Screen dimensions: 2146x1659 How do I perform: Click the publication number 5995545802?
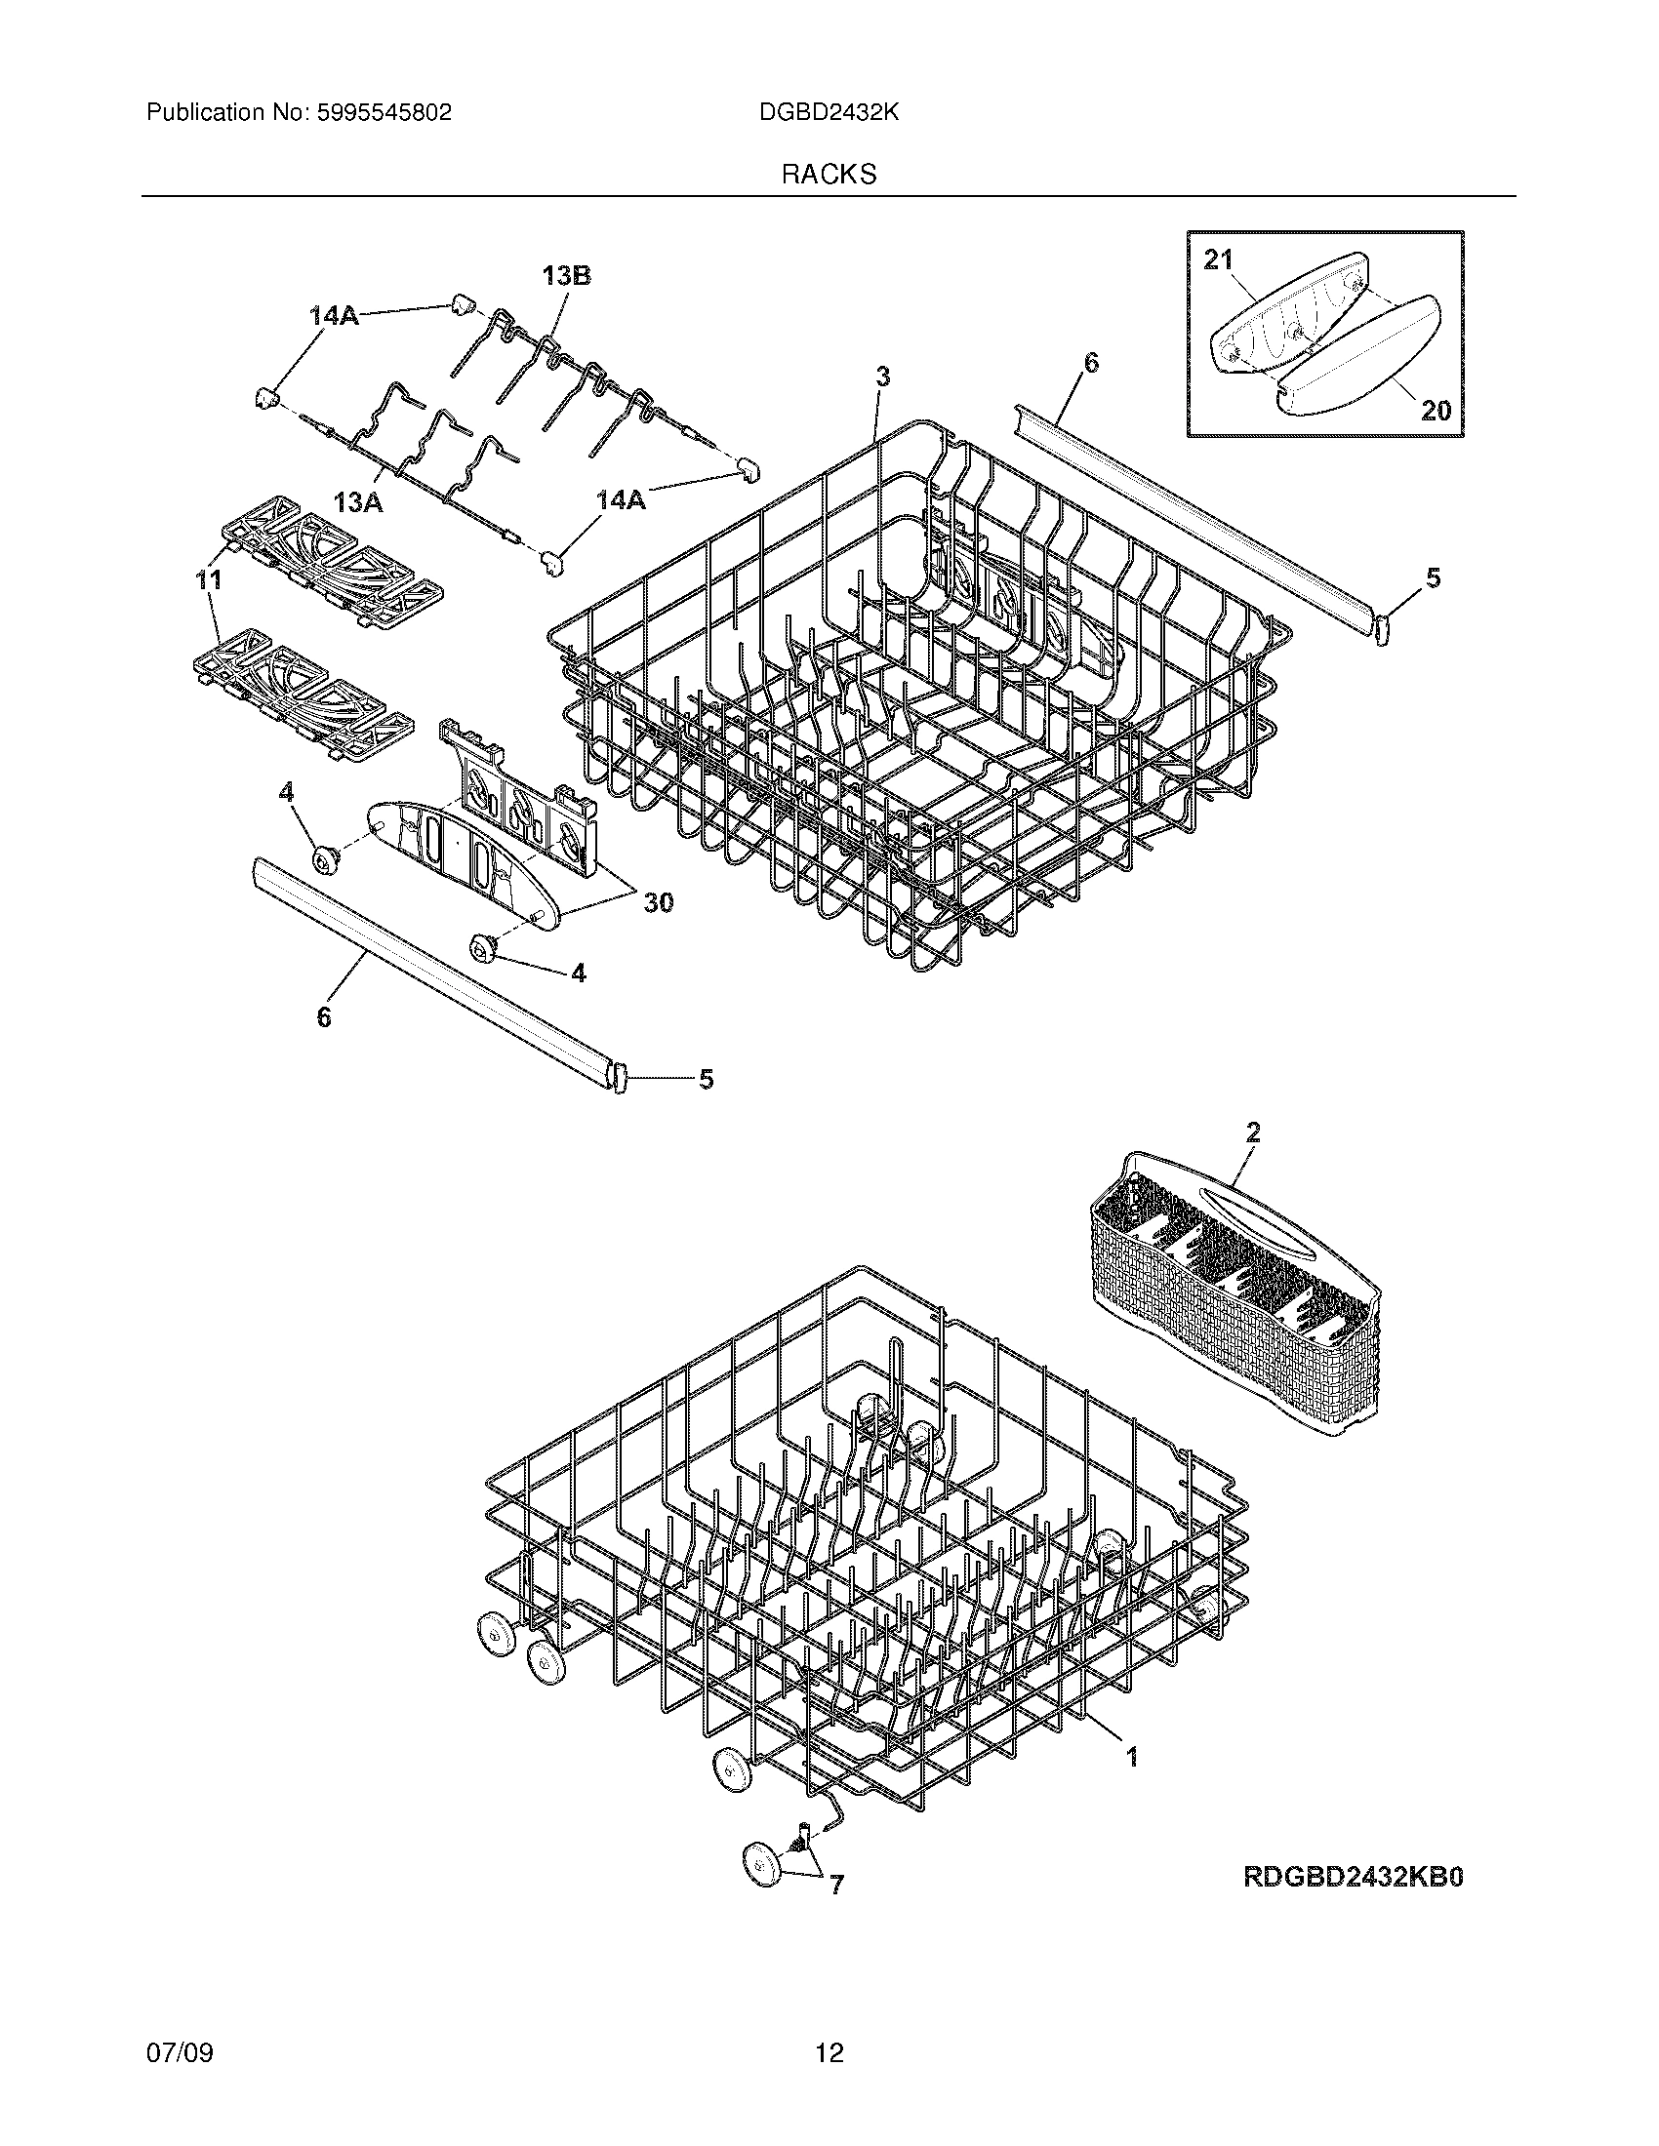pyautogui.click(x=384, y=113)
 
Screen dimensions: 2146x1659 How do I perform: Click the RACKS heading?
pyautogui.click(x=829, y=175)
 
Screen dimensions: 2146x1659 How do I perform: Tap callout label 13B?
pyautogui.click(x=566, y=276)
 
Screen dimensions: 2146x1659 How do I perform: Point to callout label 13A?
pyautogui.click(x=358, y=503)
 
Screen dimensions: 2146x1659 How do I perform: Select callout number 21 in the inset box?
pyautogui.click(x=1218, y=259)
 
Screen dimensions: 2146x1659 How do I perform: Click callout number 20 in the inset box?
pyautogui.click(x=1436, y=410)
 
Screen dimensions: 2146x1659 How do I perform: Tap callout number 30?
pyautogui.click(x=658, y=901)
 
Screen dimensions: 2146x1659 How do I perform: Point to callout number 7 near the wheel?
pyautogui.click(x=835, y=1885)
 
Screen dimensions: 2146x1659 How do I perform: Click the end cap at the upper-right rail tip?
pyautogui.click(x=1381, y=628)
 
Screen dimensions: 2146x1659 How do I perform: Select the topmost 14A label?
pyautogui.click(x=335, y=315)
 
